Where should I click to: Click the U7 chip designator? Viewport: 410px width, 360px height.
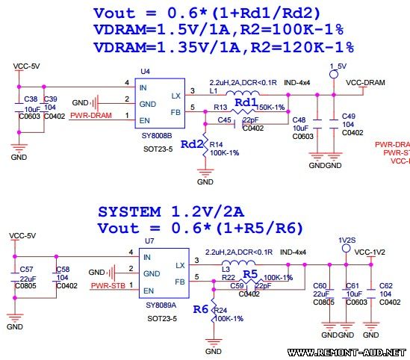(x=149, y=242)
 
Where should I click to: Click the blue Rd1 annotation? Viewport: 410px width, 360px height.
(x=246, y=102)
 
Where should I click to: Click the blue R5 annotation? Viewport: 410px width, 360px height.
(x=249, y=274)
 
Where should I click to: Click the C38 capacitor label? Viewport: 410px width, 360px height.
(x=30, y=99)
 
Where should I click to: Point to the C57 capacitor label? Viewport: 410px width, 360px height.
(x=26, y=269)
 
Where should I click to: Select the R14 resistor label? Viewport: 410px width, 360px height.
(x=217, y=144)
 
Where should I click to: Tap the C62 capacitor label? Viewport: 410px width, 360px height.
(x=386, y=286)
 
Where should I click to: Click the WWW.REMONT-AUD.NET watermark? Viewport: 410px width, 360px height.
(x=346, y=352)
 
